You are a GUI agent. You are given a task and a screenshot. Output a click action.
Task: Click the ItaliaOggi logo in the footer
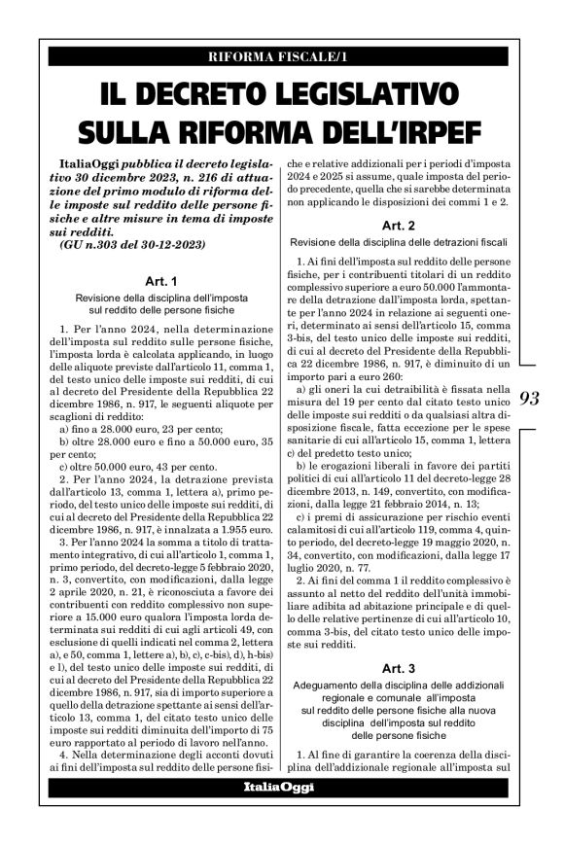pyautogui.click(x=277, y=786)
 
